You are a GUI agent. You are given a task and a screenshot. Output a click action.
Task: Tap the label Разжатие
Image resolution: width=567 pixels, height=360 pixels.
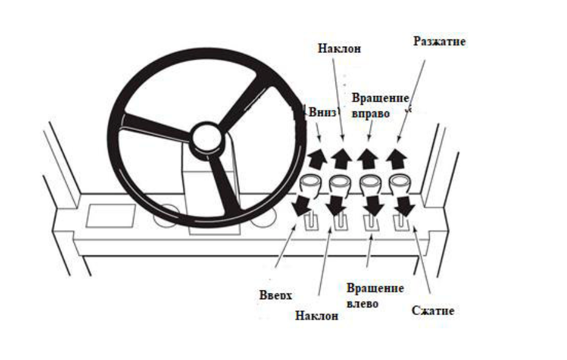click(x=438, y=42)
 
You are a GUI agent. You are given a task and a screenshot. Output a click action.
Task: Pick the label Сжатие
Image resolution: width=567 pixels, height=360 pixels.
click(x=433, y=310)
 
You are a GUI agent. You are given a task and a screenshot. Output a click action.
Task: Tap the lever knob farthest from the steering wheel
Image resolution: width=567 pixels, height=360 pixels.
click(x=401, y=182)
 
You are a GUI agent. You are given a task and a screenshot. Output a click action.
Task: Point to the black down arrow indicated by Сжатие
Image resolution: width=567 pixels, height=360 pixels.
click(x=403, y=206)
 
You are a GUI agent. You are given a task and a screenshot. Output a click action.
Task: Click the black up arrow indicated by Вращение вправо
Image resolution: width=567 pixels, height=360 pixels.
click(x=368, y=158)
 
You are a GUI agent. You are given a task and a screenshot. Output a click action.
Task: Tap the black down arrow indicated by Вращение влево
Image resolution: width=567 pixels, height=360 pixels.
click(x=372, y=206)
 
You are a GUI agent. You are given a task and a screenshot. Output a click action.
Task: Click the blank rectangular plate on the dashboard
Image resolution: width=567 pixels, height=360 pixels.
click(x=111, y=215)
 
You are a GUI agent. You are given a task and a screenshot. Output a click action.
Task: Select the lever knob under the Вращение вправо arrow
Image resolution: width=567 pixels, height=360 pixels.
click(x=370, y=183)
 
